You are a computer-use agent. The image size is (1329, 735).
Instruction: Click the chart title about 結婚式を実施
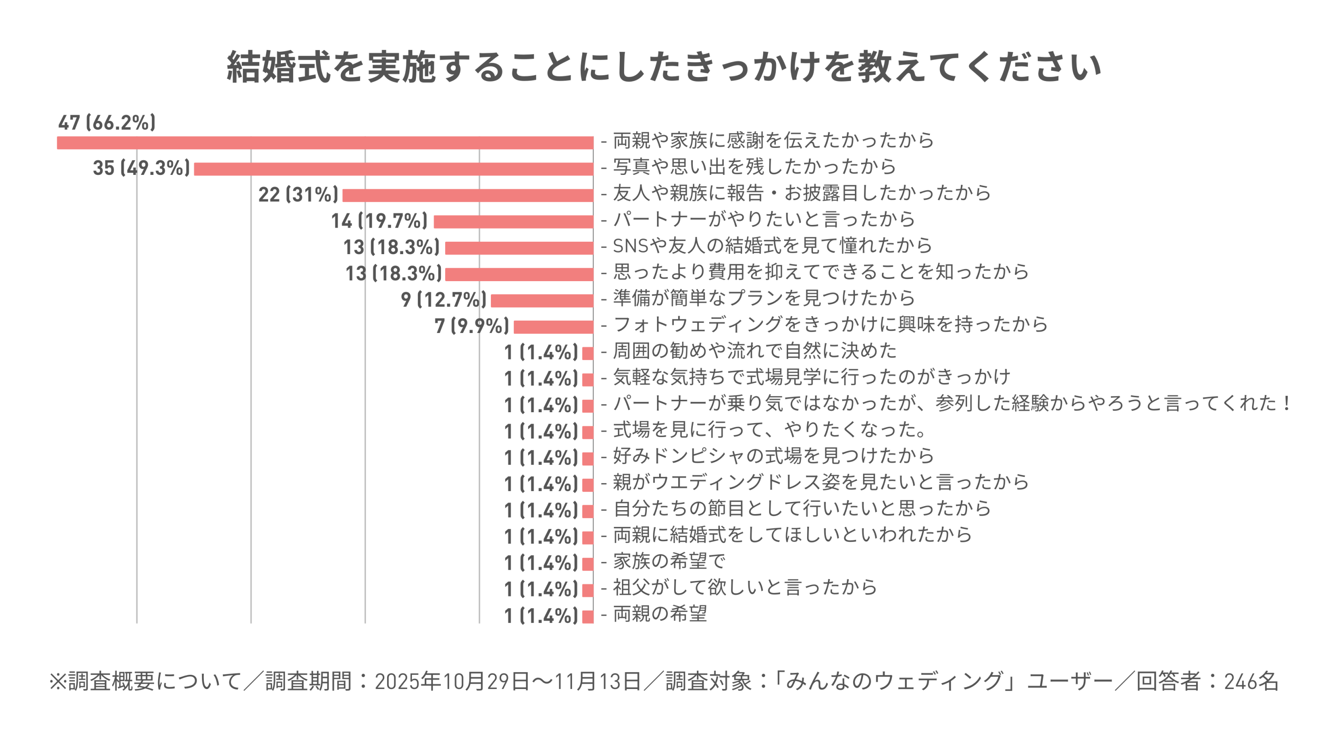coord(664,67)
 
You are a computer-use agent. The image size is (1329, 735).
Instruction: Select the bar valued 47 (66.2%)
coord(325,143)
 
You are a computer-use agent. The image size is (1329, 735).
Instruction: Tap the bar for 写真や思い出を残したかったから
coord(394,169)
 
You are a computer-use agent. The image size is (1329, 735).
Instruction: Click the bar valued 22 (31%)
coord(468,196)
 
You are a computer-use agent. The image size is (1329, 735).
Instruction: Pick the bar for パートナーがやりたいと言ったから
coord(513,222)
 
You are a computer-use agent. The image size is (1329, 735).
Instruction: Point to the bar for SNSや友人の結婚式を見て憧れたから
coord(519,248)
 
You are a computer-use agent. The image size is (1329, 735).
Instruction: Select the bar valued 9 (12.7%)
coord(542,301)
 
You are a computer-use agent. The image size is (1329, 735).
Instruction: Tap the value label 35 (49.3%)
coord(141,168)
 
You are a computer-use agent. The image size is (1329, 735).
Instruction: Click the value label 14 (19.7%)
coord(379,221)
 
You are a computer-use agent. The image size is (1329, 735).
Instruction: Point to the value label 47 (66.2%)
coord(107,123)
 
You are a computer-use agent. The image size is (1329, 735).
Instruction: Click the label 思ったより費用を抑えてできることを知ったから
coord(821,272)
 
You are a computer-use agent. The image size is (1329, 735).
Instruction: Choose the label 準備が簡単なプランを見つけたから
coord(764,298)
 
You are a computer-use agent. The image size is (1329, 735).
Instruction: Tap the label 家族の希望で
coord(669,561)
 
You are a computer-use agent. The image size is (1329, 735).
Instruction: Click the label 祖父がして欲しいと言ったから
coord(745,587)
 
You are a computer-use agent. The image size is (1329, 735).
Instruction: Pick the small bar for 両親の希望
coord(587,616)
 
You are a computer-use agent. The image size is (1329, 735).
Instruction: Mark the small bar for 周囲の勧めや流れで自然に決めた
coord(587,353)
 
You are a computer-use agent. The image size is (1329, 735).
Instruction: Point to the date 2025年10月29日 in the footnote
coord(452,681)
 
